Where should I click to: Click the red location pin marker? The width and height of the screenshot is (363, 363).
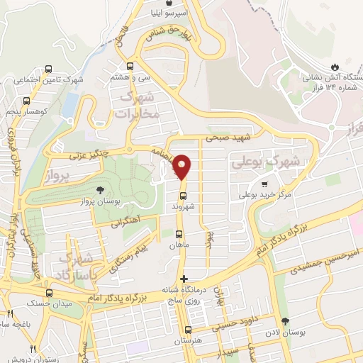182,167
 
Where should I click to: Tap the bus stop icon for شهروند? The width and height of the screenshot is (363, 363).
183,196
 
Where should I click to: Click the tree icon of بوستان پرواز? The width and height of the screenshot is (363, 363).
99,190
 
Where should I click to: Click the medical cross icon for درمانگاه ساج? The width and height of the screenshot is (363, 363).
184,279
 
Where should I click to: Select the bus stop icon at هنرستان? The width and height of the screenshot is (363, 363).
187,330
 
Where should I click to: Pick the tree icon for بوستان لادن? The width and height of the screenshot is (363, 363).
286,321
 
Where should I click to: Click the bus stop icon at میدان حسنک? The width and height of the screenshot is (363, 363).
49,293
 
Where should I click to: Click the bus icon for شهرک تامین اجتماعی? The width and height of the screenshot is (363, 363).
48,69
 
